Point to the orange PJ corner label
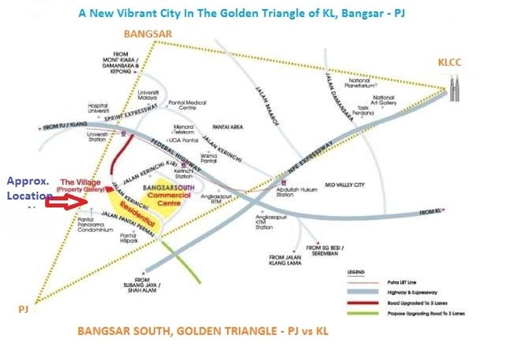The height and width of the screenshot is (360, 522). tap(23, 310)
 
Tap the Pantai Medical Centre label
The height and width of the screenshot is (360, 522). tap(187, 106)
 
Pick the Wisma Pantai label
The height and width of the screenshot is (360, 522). tap(212, 158)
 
